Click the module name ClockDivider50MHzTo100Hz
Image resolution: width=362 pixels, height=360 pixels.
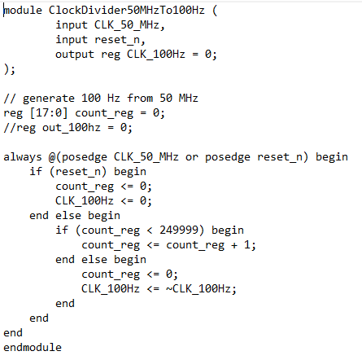point(127,11)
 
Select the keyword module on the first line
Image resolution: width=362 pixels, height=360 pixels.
point(23,11)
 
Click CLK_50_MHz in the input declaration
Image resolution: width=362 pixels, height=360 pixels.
point(127,25)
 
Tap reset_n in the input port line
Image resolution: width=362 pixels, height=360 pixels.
point(117,40)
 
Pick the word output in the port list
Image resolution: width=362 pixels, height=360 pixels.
point(75,55)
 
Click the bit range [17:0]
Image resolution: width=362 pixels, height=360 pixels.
point(49,112)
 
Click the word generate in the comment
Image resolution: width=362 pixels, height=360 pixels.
point(49,99)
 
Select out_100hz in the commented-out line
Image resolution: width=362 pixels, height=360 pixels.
point(72,127)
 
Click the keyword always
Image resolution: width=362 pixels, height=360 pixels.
point(23,157)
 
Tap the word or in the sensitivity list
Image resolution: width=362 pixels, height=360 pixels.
point(192,157)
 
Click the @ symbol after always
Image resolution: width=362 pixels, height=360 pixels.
point(52,157)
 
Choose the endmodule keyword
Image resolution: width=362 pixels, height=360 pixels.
point(33,347)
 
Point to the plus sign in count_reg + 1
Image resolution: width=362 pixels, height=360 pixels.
point(234,245)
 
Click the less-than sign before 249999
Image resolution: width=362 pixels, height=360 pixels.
point(150,230)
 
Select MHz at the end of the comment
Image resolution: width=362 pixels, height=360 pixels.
point(189,98)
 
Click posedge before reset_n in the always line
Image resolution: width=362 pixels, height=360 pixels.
point(228,157)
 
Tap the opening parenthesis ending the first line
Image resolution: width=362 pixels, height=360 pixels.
point(215,11)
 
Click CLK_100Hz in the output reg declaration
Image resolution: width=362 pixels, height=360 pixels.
point(156,55)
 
